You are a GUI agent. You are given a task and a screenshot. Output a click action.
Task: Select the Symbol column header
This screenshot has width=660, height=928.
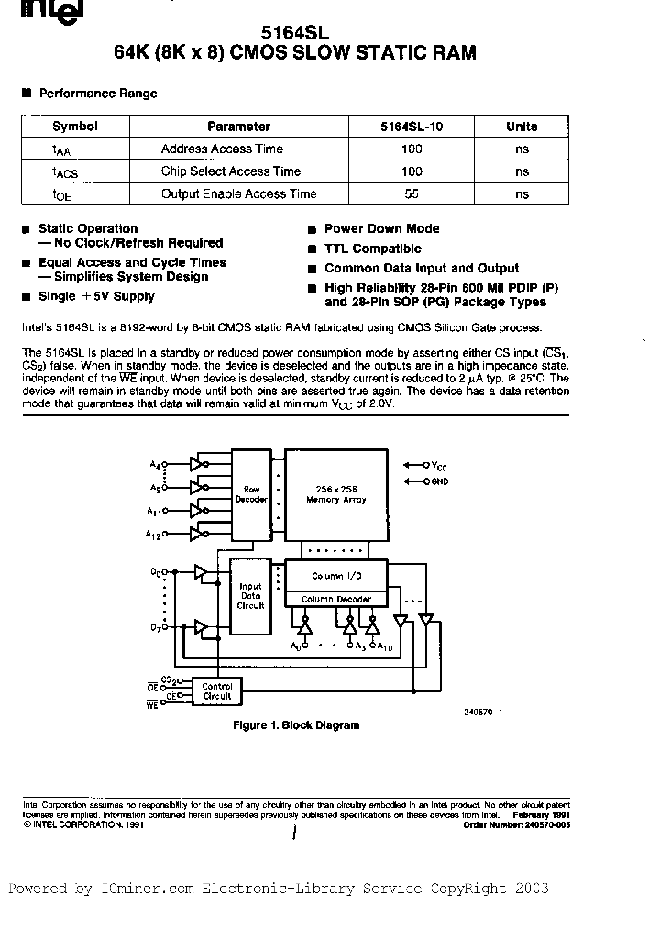point(74,127)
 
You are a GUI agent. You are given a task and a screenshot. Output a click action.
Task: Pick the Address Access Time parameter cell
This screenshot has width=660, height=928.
point(222,149)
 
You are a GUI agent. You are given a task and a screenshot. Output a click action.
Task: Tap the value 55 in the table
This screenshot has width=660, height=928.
point(412,193)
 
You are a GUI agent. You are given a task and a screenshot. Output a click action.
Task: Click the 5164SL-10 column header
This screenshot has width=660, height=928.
point(412,127)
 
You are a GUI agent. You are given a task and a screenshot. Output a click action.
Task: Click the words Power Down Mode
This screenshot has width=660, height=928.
point(381,228)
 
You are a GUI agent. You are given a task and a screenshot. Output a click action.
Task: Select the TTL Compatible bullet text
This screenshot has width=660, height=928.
point(372,249)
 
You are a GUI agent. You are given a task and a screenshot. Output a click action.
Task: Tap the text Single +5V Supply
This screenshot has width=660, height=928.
point(96,296)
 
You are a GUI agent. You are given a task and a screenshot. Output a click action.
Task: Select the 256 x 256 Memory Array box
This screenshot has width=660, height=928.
point(335,494)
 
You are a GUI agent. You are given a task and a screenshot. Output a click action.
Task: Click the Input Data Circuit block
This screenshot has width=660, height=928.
point(250,595)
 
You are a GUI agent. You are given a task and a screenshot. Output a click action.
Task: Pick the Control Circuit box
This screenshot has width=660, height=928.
point(217,690)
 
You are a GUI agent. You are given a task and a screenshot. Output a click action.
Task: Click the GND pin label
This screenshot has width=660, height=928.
point(439,481)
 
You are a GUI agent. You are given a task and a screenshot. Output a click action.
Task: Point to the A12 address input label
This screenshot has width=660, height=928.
point(153,533)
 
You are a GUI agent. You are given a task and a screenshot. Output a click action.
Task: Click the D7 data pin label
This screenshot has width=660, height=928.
point(156,626)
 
